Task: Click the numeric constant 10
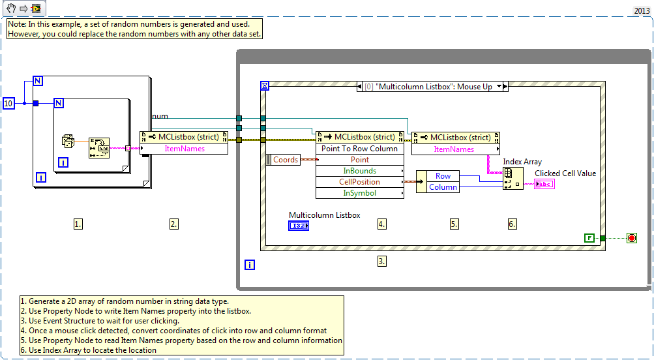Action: [8, 103]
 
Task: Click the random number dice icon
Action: [68, 141]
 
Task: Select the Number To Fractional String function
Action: [99, 147]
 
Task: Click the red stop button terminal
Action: [631, 238]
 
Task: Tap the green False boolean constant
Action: [589, 238]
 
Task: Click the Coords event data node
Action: [283, 160]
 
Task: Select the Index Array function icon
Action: [513, 179]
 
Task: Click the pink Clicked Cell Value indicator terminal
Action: [544, 184]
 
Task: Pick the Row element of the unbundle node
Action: [443, 176]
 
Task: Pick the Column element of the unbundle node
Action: [443, 187]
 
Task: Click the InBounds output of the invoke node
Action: [360, 171]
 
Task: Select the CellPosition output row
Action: [360, 182]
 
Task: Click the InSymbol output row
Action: [360, 193]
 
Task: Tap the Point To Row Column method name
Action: [359, 149]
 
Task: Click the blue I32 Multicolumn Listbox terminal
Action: [299, 226]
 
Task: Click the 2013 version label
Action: [642, 11]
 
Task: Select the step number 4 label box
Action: [382, 224]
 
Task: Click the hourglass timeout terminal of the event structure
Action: [265, 86]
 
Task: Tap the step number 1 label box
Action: [78, 224]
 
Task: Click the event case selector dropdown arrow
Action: [499, 87]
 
